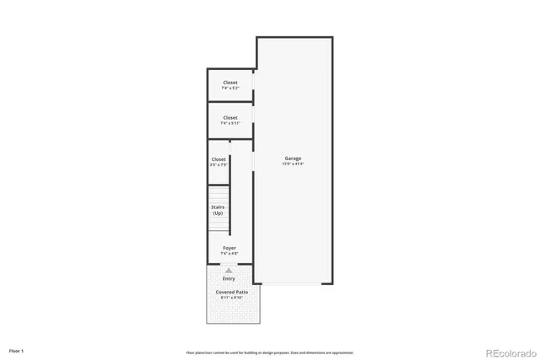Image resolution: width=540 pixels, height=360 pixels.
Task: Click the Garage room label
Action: click(x=293, y=159)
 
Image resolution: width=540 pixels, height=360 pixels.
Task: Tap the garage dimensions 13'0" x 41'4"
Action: click(x=293, y=164)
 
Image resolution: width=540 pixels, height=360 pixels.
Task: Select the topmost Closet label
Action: click(x=230, y=83)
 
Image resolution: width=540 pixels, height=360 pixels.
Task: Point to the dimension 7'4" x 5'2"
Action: click(x=230, y=88)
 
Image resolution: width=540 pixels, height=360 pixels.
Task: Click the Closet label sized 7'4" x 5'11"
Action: click(x=230, y=117)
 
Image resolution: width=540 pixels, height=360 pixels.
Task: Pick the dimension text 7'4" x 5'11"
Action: click(x=230, y=123)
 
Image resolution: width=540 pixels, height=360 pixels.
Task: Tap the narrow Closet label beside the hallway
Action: click(x=219, y=159)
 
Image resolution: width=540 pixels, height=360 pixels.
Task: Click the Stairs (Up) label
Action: click(x=218, y=210)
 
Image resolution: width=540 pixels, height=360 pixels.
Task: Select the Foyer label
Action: click(x=229, y=248)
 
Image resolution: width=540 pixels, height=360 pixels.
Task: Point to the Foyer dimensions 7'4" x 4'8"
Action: click(x=229, y=253)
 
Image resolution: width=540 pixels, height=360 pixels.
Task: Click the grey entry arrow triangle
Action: click(x=229, y=270)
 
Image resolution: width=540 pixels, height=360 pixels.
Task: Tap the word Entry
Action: click(x=229, y=278)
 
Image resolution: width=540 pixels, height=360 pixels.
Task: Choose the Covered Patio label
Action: click(x=231, y=292)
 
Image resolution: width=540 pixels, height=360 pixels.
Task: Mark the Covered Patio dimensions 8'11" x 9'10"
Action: click(x=231, y=298)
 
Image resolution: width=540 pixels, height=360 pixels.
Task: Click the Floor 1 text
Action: click(x=17, y=349)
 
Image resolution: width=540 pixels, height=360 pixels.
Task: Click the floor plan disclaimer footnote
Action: click(x=270, y=352)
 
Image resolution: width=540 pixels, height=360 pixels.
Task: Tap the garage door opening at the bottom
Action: click(x=293, y=284)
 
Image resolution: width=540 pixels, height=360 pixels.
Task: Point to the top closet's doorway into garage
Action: click(x=254, y=84)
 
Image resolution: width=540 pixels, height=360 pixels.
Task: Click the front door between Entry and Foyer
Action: click(x=229, y=263)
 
